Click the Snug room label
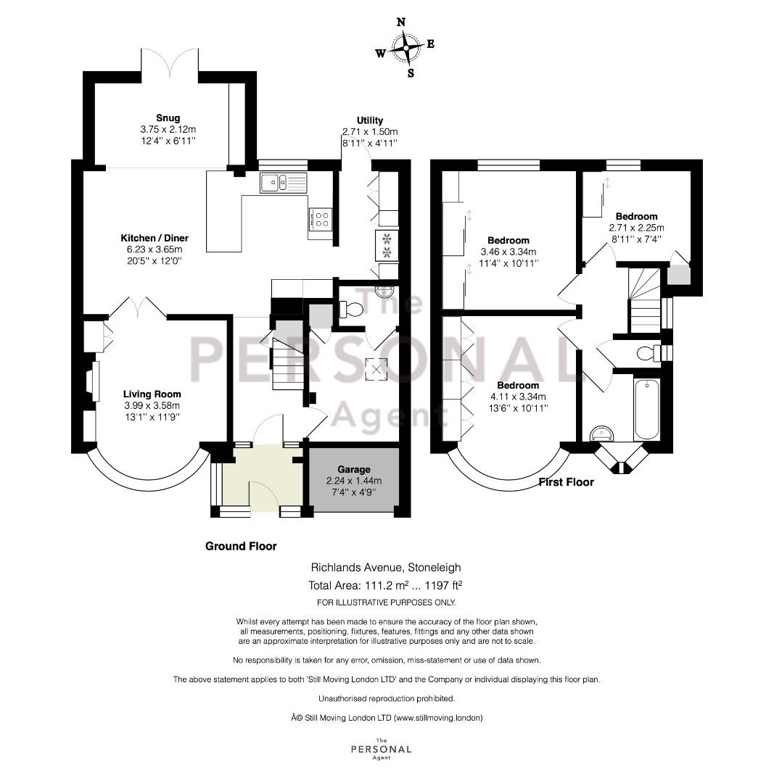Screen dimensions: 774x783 click(x=168, y=118)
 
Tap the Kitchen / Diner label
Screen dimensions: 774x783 click(x=155, y=238)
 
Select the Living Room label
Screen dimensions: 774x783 click(x=152, y=394)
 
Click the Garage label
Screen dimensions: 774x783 click(x=354, y=469)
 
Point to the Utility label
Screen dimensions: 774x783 click(x=370, y=120)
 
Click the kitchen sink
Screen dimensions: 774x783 click(x=283, y=183)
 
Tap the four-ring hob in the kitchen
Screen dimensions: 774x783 click(x=321, y=219)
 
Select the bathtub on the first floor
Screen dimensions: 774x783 click(x=647, y=409)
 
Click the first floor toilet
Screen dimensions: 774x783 click(x=649, y=353)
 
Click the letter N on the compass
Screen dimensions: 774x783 click(x=400, y=22)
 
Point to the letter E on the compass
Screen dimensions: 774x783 click(x=430, y=44)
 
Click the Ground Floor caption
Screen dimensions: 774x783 click(x=241, y=547)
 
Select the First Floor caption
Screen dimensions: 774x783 click(x=566, y=482)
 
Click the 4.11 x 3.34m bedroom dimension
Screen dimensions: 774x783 click(x=518, y=397)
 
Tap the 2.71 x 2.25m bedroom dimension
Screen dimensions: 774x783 click(x=636, y=228)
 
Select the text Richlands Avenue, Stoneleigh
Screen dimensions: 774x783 click(x=386, y=567)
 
